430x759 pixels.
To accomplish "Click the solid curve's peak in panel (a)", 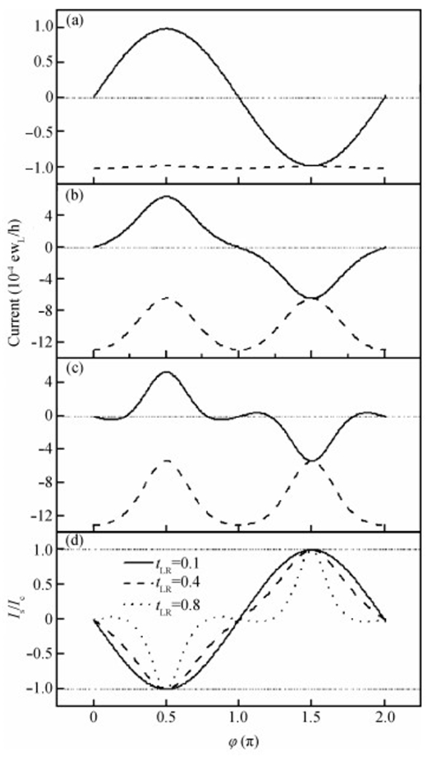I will tap(166, 28).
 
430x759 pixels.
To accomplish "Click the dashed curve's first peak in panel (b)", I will tap(166, 298).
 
